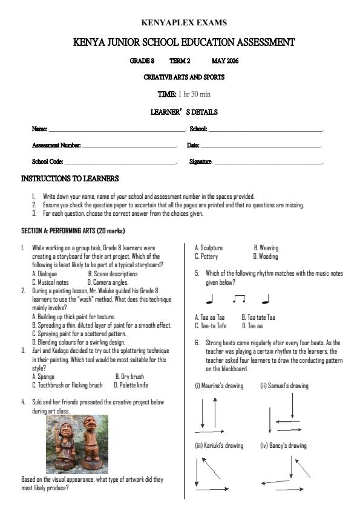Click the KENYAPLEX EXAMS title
click(x=184, y=23)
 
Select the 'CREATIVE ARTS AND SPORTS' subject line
click(x=184, y=77)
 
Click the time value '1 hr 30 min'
click(x=194, y=94)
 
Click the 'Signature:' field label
click(x=200, y=162)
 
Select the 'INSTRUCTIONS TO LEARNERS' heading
click(x=70, y=179)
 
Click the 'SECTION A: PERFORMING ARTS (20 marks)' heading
click(x=73, y=231)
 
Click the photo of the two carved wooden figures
click(x=77, y=444)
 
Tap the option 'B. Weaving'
click(x=266, y=248)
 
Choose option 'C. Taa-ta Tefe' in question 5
click(x=211, y=325)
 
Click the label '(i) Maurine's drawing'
click(x=219, y=386)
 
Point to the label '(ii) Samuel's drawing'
click(x=284, y=386)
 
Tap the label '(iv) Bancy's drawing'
click(x=283, y=446)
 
